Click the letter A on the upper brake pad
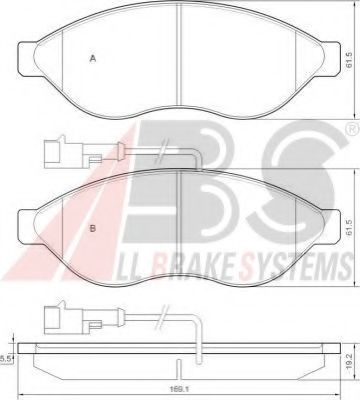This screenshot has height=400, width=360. point(93,59)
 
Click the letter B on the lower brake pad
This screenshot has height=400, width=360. point(93,201)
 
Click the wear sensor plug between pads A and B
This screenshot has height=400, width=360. point(55,152)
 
